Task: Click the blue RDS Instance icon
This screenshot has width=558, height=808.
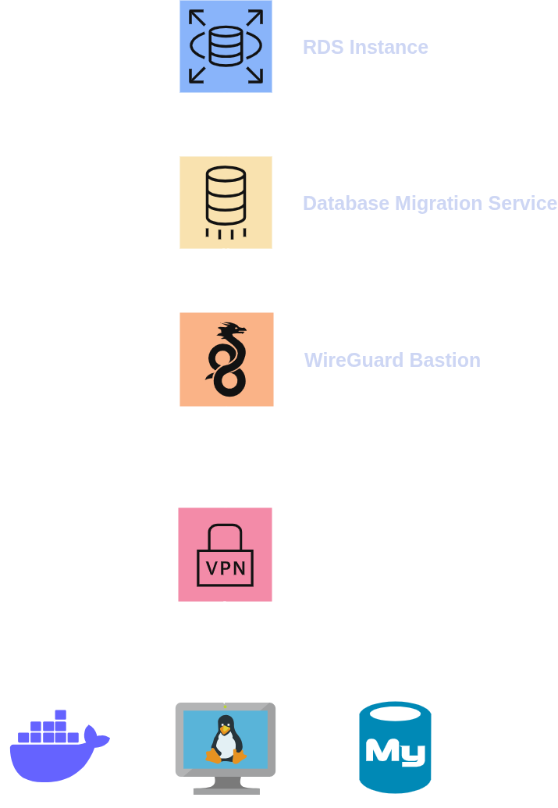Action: point(226,46)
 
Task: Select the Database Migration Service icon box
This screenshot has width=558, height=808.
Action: point(226,202)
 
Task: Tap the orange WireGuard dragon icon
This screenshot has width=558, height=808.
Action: point(226,359)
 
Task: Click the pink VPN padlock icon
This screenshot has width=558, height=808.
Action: point(225,554)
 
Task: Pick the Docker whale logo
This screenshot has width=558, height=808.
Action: point(59,748)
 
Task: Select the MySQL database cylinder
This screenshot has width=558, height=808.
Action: point(395,747)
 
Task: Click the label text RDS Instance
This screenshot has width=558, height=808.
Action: point(365,47)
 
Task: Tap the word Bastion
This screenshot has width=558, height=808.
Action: point(445,360)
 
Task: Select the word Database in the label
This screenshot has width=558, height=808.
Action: point(346,204)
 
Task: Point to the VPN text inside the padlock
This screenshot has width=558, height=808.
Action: point(225,568)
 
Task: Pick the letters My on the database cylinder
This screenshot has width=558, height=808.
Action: point(395,751)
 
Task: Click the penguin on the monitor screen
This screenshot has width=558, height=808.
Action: point(225,739)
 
